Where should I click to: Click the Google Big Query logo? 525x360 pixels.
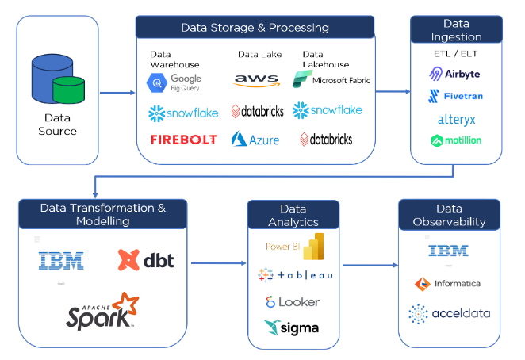click(x=174, y=82)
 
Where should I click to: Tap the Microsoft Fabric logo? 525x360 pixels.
click(x=331, y=80)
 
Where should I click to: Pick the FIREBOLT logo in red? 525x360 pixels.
click(x=183, y=140)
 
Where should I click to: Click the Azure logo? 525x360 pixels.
click(x=255, y=140)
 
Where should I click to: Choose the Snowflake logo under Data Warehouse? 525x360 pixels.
click(x=183, y=113)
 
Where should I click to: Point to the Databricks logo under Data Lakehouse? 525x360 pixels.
click(x=326, y=140)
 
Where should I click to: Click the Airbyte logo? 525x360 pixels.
click(x=454, y=74)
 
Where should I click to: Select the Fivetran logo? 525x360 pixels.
click(x=455, y=97)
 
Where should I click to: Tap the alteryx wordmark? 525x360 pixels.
click(x=455, y=120)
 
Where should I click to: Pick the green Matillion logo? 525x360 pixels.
click(x=455, y=141)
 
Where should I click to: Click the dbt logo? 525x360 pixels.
click(x=146, y=259)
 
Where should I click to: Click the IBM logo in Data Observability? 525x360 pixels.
click(x=449, y=251)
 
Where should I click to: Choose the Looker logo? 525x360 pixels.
click(x=293, y=302)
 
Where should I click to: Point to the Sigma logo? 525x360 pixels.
click(x=291, y=327)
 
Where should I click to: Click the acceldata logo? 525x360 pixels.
click(x=449, y=313)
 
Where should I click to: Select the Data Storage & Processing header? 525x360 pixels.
click(x=255, y=27)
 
